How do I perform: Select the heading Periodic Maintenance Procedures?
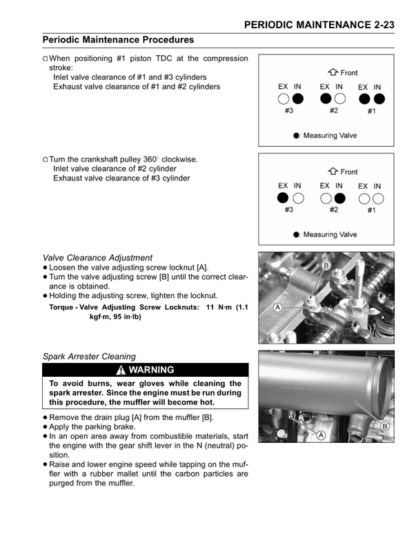point(118,41)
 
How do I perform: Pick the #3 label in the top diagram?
point(289,111)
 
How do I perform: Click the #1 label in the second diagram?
point(371,210)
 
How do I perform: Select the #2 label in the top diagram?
point(333,111)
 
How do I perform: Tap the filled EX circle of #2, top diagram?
point(326,98)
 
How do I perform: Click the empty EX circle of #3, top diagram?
point(283,98)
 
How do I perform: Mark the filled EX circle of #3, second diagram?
point(283,198)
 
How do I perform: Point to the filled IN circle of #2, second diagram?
point(339,198)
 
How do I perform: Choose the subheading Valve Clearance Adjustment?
point(97,258)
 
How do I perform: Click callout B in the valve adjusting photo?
point(326,265)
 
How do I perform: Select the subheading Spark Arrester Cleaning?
point(89,357)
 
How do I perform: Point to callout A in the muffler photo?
point(322,434)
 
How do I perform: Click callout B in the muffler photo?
point(384,426)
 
